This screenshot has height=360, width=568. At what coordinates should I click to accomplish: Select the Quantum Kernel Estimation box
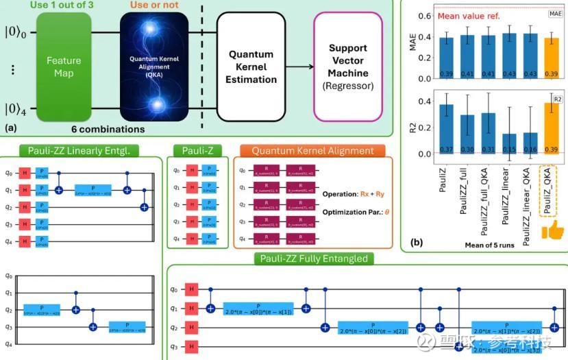click(x=251, y=66)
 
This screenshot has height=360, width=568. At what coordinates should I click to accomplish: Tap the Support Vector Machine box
click(x=348, y=67)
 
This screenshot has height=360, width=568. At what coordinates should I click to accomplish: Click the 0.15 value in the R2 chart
click(x=490, y=149)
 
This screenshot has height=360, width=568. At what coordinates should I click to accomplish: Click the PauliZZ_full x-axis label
click(x=467, y=194)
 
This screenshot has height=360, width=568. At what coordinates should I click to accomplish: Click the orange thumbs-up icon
click(x=552, y=231)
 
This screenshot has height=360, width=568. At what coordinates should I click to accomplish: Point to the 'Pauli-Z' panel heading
click(x=197, y=150)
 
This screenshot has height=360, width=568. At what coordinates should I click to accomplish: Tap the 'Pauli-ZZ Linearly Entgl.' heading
click(x=80, y=150)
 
